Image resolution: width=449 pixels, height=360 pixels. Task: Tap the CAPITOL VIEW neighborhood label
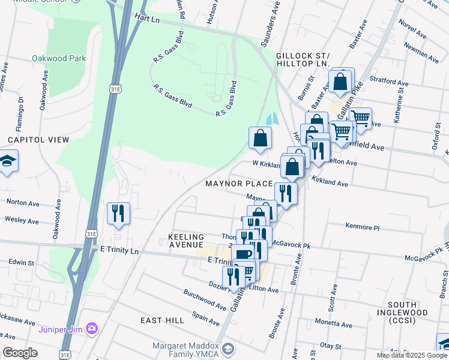click(x=38, y=139)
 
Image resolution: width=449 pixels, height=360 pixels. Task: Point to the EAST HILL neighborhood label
click(x=162, y=320)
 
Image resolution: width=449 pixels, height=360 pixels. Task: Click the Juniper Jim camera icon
click(x=91, y=328)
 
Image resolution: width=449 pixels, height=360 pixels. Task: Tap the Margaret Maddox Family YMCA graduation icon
click(x=228, y=349)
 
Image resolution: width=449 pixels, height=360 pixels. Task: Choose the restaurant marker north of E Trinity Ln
click(x=118, y=213)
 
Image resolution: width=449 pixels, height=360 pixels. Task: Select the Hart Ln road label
click(x=148, y=19)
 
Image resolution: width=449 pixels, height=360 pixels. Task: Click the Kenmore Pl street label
click(x=363, y=227)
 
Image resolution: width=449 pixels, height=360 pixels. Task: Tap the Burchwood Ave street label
click(x=205, y=301)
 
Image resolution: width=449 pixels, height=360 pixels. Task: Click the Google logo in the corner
click(x=19, y=353)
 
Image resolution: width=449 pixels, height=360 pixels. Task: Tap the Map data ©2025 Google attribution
click(x=412, y=355)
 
